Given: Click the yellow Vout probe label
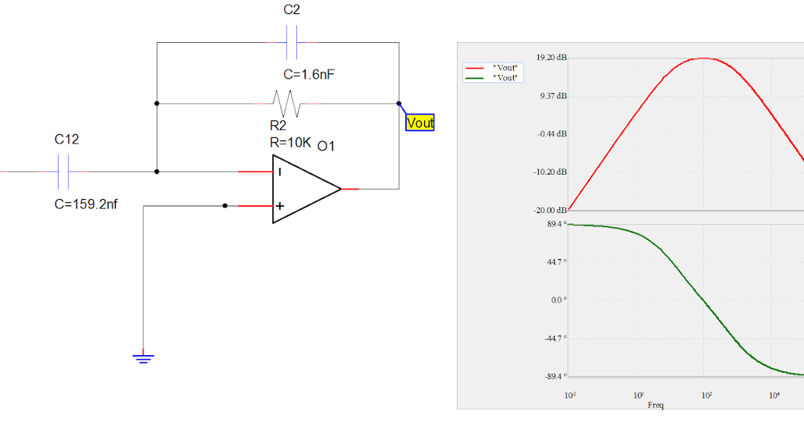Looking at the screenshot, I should click(420, 123).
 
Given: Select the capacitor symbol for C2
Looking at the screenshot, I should click(292, 43).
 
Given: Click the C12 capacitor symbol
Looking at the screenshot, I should click(64, 171).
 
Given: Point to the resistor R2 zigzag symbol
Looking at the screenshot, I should click(287, 104).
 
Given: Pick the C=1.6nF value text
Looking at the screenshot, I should click(309, 74).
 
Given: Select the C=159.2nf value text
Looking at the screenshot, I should click(86, 204).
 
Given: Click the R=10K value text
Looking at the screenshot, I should click(290, 142).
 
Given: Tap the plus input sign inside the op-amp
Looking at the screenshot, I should click(279, 206).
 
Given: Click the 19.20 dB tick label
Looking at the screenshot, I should click(551, 58).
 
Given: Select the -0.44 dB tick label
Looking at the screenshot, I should click(552, 134).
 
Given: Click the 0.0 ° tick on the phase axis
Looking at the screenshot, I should click(559, 300).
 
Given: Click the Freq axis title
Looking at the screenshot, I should click(656, 405).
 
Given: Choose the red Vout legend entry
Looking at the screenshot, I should click(492, 68).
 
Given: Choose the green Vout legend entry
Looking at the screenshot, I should click(492, 78).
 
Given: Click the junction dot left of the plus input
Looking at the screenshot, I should click(225, 206).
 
